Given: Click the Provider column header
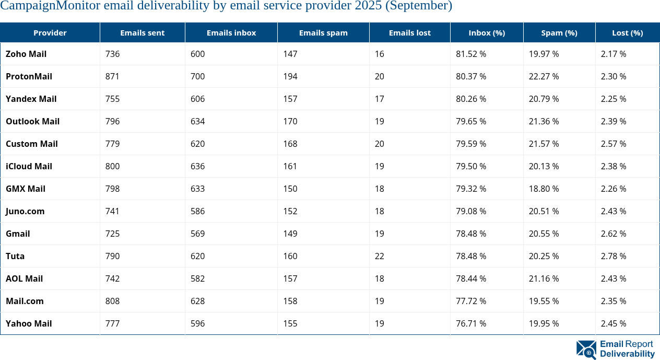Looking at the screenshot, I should [x=50, y=32].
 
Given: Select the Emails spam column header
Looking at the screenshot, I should [x=323, y=32].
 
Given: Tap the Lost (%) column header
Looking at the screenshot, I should [x=627, y=32].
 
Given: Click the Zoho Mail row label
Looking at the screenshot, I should [x=26, y=54].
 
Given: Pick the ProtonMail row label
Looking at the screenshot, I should [x=29, y=76].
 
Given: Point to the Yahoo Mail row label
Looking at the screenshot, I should [x=29, y=323].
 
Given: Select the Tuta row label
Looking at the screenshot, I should [x=15, y=256].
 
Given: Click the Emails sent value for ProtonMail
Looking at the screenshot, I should [x=112, y=76].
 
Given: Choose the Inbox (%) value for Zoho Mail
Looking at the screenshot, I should [x=471, y=54].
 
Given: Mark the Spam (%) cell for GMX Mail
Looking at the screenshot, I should [x=544, y=189].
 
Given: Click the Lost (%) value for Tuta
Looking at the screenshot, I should [x=614, y=256].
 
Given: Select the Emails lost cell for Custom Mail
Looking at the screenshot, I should [x=380, y=144].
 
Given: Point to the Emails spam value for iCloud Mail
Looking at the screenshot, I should [x=290, y=166].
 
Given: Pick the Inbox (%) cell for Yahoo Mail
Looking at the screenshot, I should [x=471, y=323].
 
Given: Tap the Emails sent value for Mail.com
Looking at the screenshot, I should [x=112, y=301].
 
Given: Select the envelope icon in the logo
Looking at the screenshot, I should [x=586, y=350].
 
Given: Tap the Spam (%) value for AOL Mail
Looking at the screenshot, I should [x=544, y=278].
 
